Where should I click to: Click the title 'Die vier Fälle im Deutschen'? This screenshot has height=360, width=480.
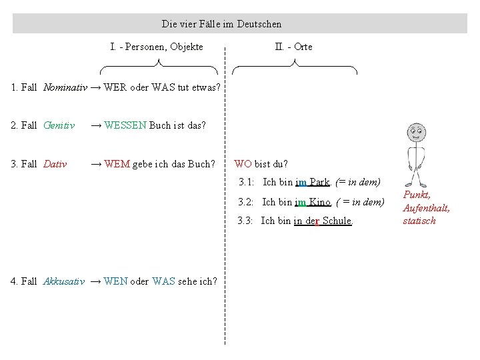[x=221, y=24]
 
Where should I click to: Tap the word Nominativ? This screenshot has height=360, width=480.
[x=65, y=87]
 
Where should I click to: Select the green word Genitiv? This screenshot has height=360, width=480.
[x=59, y=125]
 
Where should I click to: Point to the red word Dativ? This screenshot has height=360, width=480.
[x=55, y=164]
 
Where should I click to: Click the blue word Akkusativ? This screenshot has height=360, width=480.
[x=64, y=281]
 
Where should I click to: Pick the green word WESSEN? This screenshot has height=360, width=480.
[x=125, y=125]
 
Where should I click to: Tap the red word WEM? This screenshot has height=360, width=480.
[x=117, y=164]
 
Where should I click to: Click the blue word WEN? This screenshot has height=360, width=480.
[x=115, y=281]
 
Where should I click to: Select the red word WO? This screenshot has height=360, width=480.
[x=243, y=164]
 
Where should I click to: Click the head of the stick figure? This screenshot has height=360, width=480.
[x=416, y=133]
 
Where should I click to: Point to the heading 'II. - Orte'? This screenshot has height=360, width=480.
[x=293, y=47]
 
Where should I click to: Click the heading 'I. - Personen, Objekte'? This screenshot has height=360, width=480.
[x=157, y=47]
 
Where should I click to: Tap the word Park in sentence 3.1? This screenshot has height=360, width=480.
[x=319, y=182]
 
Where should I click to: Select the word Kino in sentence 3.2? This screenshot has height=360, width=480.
[x=319, y=202]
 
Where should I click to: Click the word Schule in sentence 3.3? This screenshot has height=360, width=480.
[x=337, y=221]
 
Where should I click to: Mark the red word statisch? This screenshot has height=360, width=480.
[x=419, y=221]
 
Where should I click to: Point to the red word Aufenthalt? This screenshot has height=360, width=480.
[x=426, y=208]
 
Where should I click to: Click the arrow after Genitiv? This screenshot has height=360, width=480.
[x=96, y=126]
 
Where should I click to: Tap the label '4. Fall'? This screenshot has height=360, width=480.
[x=23, y=281]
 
